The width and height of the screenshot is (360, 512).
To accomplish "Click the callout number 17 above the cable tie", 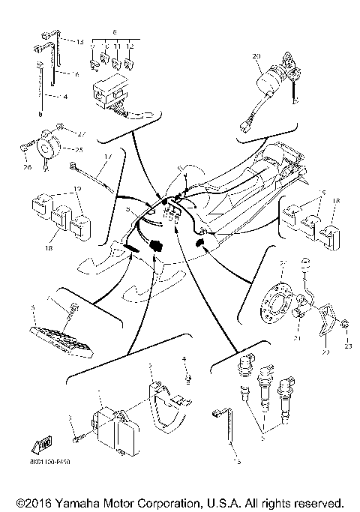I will coord(107,156).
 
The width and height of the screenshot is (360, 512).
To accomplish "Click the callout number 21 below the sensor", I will coord(296,339).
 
